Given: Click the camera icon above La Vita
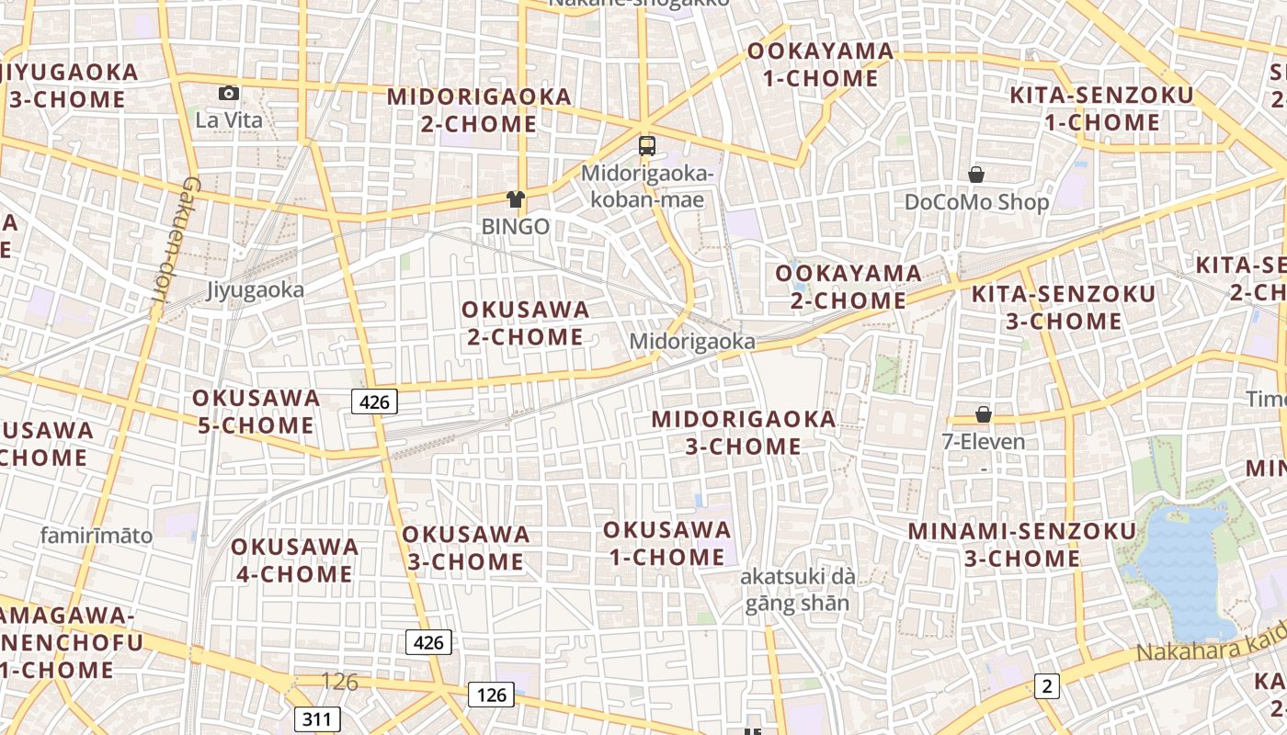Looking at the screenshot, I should point(229,93).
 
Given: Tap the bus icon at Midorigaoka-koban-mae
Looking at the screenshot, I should point(647,145).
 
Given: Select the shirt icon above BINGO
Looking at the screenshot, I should point(515,198).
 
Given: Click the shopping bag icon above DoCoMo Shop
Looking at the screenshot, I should point(976,174).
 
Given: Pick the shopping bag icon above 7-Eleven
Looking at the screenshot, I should point(984,414).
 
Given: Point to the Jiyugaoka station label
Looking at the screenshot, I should point(255,290).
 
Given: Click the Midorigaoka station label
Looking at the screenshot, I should point(692,342).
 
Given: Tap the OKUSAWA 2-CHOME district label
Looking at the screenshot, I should point(526,323).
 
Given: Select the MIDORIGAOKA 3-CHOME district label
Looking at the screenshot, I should point(744,433).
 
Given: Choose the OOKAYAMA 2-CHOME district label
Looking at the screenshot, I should point(849,287).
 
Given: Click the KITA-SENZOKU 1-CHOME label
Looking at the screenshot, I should point(1101,108).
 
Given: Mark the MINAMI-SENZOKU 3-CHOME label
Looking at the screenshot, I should point(1022,545).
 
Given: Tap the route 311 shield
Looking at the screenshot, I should point(317,718).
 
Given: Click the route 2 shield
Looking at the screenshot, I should point(1046,685).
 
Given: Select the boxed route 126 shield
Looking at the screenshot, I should point(492,695).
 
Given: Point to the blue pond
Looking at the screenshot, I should point(1186,570).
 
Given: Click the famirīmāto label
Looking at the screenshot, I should point(97,536).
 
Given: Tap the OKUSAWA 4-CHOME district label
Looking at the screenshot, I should point(294,560).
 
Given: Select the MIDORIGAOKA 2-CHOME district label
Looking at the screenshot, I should point(479,110).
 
